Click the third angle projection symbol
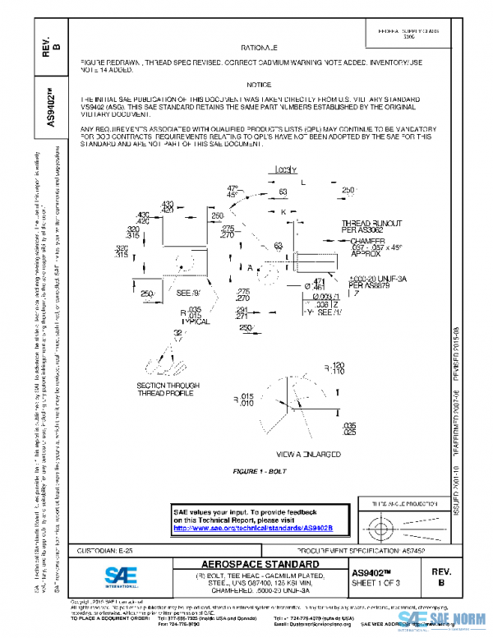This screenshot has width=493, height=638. coord(390,524)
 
